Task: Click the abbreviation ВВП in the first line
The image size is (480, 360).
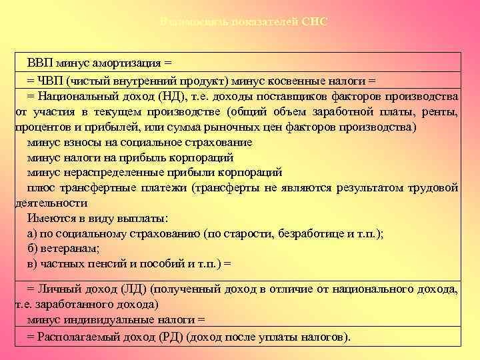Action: point(40,63)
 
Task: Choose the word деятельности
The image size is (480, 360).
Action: point(51,203)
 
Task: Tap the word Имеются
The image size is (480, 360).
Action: point(49,219)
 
